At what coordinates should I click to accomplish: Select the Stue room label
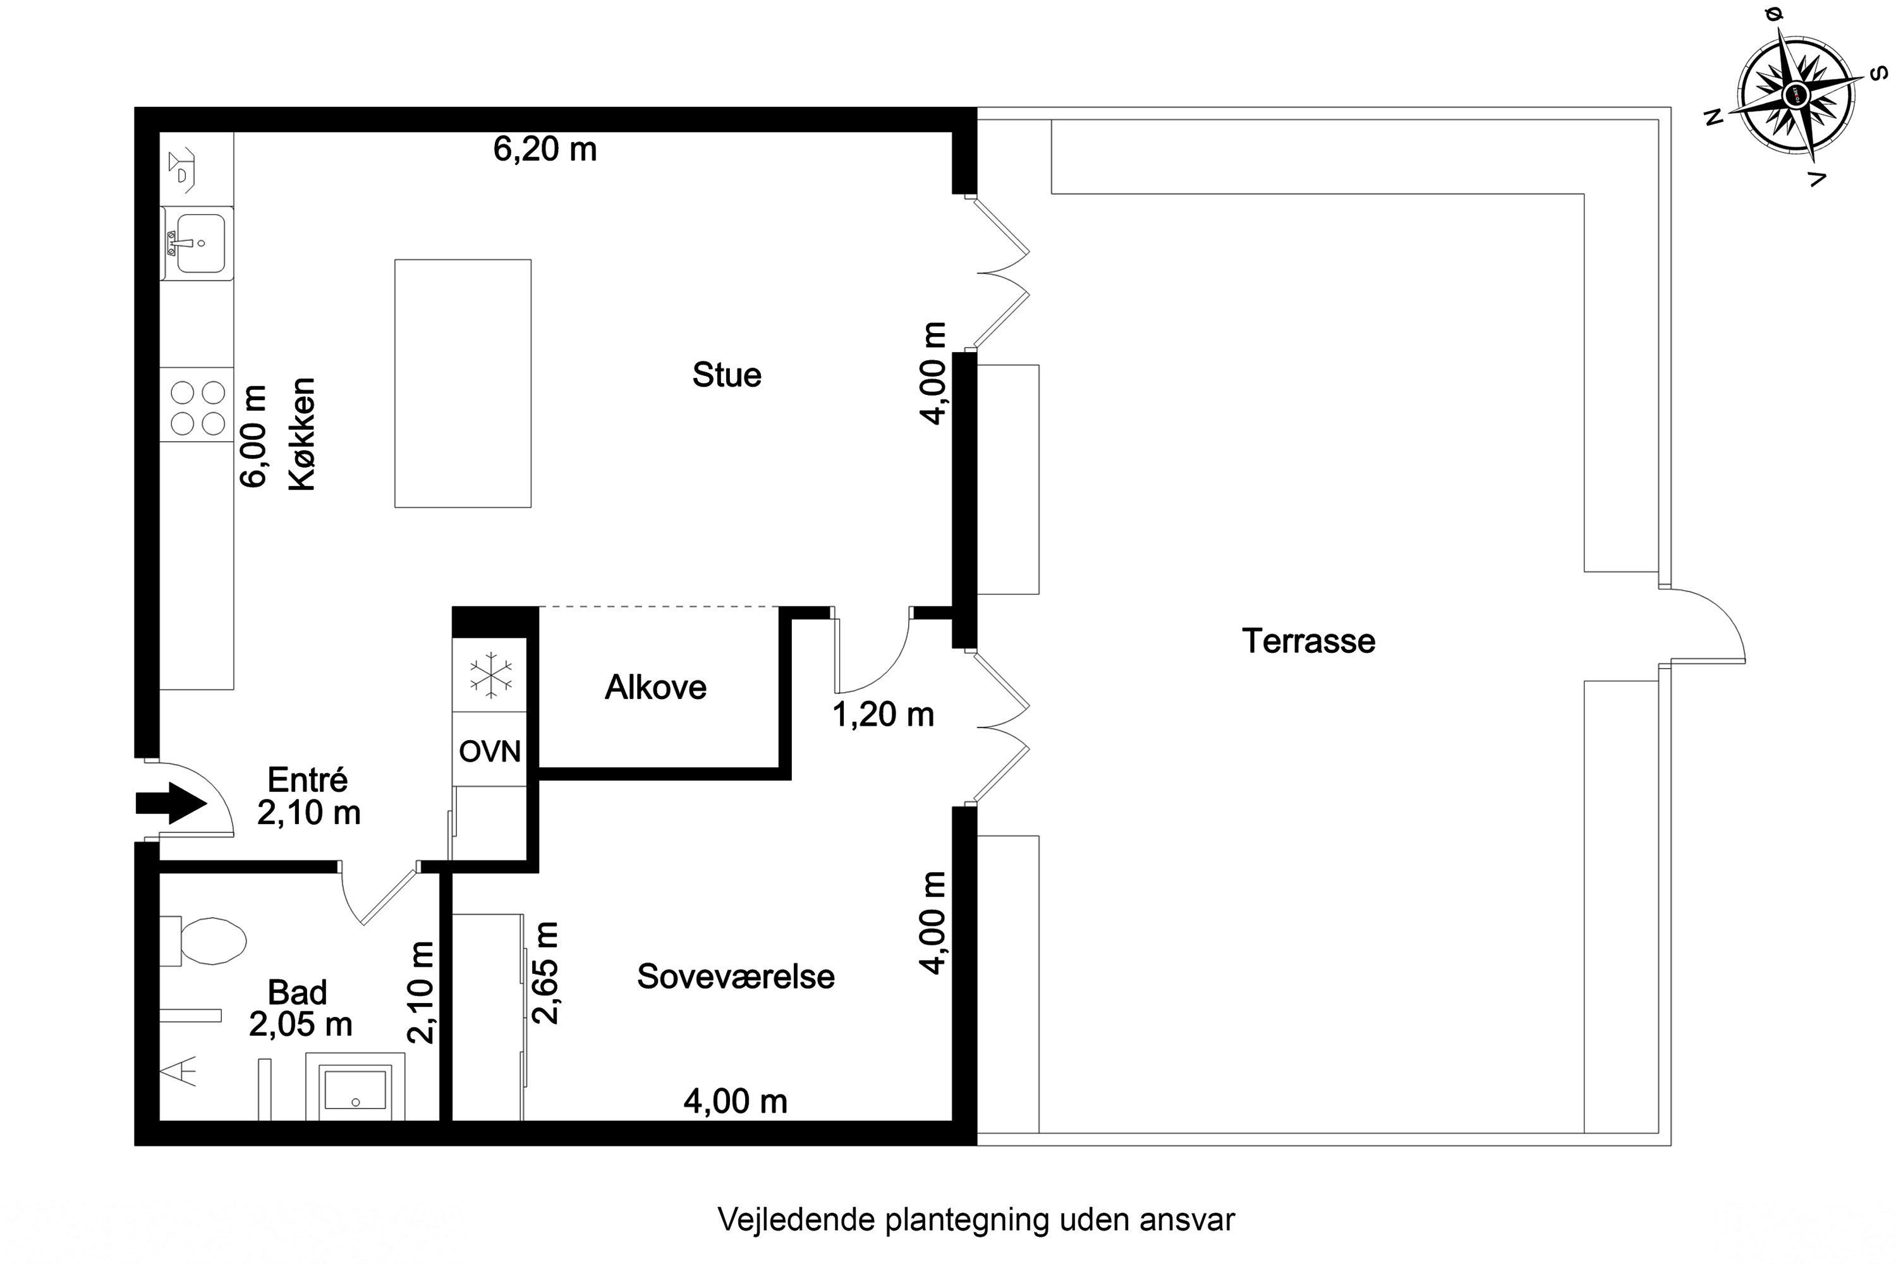coord(726,375)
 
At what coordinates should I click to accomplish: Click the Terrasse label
coord(1308,641)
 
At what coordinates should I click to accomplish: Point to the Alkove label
coord(655,688)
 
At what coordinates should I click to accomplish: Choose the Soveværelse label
coord(736,976)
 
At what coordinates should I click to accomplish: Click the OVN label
coord(489,751)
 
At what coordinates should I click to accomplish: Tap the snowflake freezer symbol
coord(490,675)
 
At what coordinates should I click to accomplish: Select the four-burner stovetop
coord(197,408)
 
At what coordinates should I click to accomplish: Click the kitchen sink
coord(197,243)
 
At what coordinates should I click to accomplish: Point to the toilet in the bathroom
coord(203,941)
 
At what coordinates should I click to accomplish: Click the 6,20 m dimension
coord(545,149)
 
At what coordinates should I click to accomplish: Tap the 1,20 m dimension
coord(883,714)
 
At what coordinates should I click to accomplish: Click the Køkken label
coord(302,434)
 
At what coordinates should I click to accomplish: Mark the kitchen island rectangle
coord(463,384)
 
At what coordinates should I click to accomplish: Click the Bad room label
coord(298,992)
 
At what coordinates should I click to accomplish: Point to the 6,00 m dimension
coord(253,436)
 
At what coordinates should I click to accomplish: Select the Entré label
coord(307,779)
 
